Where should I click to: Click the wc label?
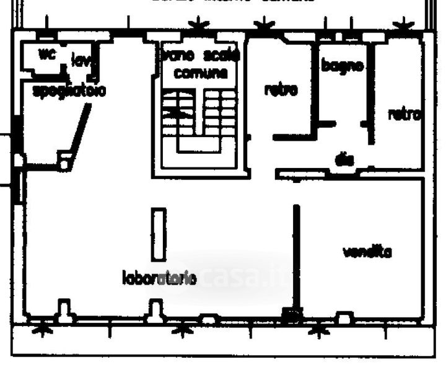coord(47,55)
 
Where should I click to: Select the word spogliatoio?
coord(69,91)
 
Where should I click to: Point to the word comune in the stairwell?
coord(200,73)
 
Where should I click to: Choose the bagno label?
coord(342,64)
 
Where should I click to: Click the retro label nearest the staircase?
coord(281,90)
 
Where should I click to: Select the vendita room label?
coord(367,252)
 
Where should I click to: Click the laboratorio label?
coord(159,278)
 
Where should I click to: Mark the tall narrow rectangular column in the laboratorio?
coord(160,234)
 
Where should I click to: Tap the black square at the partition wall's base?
coord(290,316)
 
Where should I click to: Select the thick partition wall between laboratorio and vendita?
coord(296,257)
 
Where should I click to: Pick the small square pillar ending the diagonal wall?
coord(64,164)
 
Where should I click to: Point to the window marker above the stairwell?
coord(199,25)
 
